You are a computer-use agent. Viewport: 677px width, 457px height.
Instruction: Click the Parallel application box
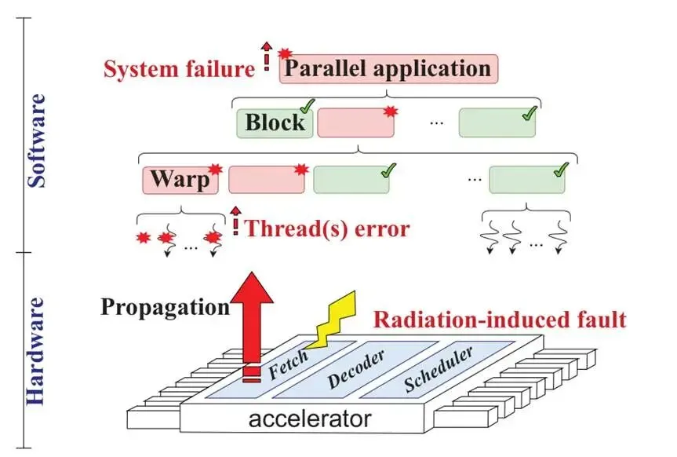[x=388, y=69]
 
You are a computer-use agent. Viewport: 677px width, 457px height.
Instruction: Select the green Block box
[x=275, y=123]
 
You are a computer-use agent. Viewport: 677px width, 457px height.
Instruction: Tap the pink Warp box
[x=180, y=180]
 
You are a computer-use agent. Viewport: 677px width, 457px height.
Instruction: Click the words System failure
[x=179, y=69]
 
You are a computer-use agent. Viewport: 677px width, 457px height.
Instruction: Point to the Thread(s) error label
[x=327, y=228]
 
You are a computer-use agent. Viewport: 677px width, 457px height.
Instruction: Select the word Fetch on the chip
[x=288, y=364]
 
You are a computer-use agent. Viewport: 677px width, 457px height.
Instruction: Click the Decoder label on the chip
[x=356, y=370]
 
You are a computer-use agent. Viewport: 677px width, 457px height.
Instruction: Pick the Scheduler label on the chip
[x=438, y=370]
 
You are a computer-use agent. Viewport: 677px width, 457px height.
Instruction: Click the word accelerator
[x=310, y=419]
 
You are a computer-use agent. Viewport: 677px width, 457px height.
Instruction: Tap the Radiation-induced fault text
[x=500, y=320]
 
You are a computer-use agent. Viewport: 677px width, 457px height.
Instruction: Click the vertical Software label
[x=37, y=141]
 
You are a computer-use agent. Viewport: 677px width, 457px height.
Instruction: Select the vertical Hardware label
[x=36, y=351]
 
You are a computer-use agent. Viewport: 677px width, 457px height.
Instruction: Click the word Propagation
[x=166, y=307]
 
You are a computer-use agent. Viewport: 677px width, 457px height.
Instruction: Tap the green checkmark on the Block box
[x=307, y=106]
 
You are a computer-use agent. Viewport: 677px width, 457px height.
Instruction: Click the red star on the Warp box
[x=215, y=169]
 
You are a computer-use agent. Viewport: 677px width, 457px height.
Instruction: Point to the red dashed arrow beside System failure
[x=267, y=57]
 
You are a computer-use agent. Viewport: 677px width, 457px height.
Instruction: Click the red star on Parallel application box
[x=284, y=54]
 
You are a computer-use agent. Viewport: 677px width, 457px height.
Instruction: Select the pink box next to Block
[x=356, y=123]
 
